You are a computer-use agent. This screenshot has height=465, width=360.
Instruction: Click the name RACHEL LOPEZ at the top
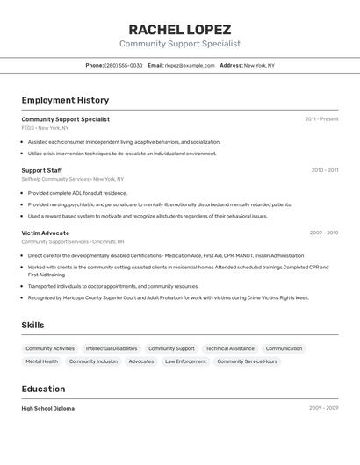(180, 29)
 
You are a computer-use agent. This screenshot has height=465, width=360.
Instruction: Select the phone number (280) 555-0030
(123, 65)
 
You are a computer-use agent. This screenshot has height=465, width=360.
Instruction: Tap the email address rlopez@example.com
(190, 65)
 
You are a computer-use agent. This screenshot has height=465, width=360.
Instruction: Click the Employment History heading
(65, 100)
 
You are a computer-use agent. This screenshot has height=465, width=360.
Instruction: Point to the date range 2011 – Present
(321, 119)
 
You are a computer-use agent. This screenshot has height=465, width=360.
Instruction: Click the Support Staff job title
(41, 170)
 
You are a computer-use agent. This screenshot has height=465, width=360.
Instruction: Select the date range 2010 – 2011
(324, 170)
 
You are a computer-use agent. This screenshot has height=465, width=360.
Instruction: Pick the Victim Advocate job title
(45, 232)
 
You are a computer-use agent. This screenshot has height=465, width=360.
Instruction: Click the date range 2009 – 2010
(323, 232)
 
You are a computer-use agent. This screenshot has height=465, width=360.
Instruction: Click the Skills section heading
(32, 325)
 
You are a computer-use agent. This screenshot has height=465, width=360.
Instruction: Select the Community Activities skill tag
(50, 348)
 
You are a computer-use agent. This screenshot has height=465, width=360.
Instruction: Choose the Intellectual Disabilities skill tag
(112, 348)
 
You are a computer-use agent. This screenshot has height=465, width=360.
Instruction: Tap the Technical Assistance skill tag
(230, 348)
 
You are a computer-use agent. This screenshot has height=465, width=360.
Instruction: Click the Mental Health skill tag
(41, 361)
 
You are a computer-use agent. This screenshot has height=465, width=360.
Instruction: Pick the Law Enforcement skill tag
(185, 361)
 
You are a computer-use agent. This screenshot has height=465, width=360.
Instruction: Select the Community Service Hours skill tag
(247, 361)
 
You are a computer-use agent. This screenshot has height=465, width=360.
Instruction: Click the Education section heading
(43, 390)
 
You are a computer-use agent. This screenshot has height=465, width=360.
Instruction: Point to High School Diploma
(47, 408)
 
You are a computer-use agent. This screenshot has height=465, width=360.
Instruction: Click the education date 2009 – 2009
(323, 408)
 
